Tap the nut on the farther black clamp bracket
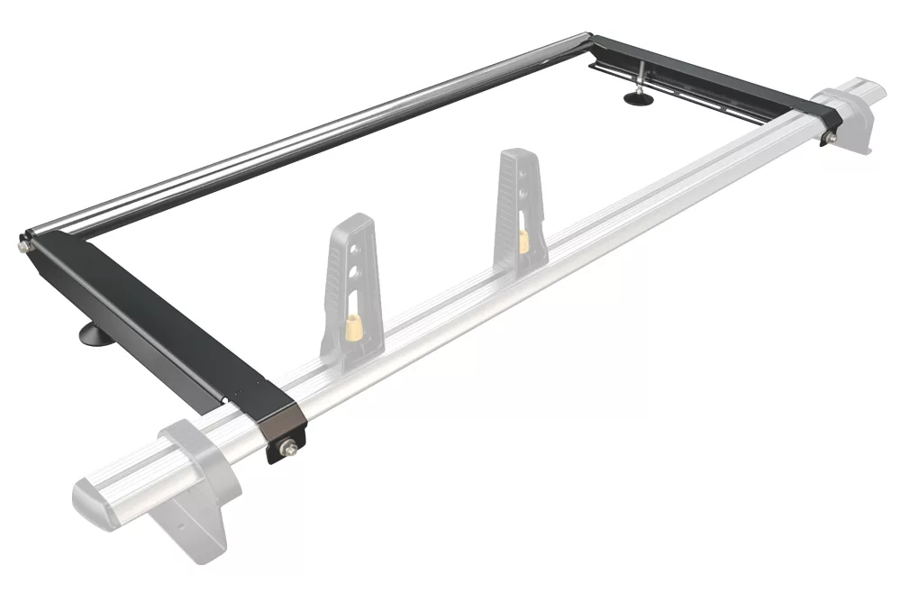coord(830,137)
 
